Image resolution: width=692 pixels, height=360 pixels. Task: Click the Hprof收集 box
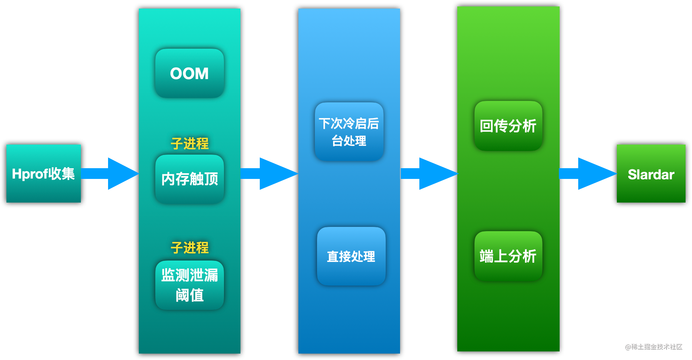click(44, 174)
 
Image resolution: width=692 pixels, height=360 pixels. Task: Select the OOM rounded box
click(190, 73)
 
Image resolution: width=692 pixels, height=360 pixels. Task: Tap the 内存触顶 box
click(190, 179)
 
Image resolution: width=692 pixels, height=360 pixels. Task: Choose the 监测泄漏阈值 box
click(190, 285)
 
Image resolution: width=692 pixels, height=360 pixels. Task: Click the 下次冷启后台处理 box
click(349, 132)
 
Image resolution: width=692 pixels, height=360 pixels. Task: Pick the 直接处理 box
click(351, 256)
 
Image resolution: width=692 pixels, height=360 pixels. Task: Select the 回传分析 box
click(508, 126)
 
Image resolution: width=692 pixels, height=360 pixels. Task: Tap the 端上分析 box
click(508, 256)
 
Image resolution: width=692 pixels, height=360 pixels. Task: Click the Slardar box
click(651, 174)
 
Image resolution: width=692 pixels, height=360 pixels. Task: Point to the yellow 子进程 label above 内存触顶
click(190, 143)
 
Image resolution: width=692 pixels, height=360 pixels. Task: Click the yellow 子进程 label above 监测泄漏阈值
click(190, 247)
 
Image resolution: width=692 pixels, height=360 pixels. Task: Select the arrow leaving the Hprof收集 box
click(110, 174)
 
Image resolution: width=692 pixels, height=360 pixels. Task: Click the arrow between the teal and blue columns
click(269, 174)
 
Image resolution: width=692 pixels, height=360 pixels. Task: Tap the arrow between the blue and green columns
click(429, 174)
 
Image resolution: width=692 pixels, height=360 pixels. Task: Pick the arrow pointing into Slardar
click(588, 174)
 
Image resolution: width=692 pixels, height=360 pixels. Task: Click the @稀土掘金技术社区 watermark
click(654, 347)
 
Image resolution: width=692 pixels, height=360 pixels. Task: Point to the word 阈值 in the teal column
click(190, 295)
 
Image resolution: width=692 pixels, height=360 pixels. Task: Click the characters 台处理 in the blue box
click(349, 141)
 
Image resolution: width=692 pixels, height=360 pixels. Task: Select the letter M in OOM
click(202, 74)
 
